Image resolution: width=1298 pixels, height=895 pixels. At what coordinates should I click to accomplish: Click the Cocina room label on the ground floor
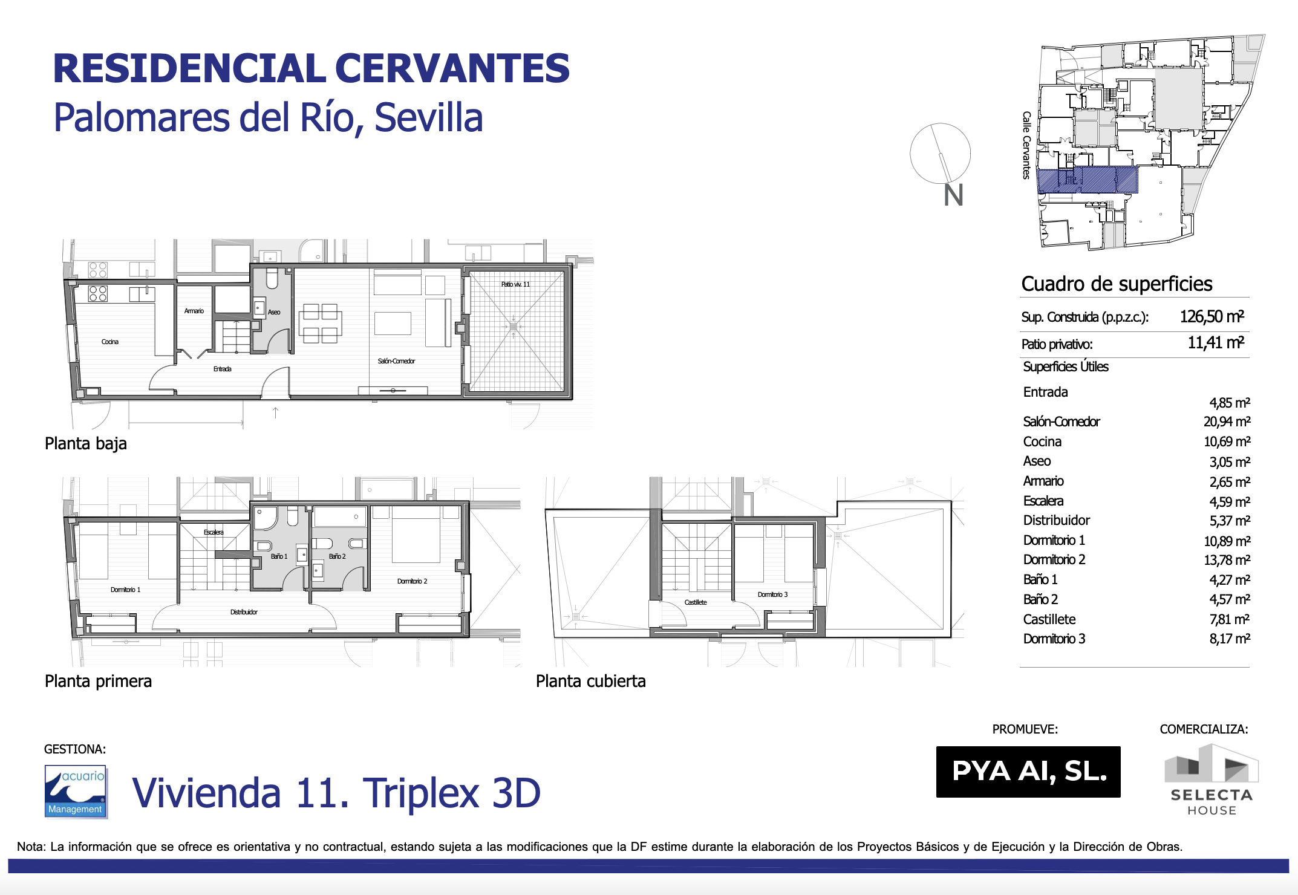(x=110, y=342)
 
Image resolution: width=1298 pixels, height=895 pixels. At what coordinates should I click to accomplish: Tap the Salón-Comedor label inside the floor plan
(x=396, y=361)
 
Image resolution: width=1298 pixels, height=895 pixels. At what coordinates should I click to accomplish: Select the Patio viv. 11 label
(x=515, y=284)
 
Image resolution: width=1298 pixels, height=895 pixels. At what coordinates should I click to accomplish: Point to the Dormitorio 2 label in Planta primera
(x=412, y=581)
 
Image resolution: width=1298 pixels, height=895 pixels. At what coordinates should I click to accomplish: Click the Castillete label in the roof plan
(x=696, y=602)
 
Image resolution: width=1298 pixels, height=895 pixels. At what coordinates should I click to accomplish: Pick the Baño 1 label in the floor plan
(x=279, y=556)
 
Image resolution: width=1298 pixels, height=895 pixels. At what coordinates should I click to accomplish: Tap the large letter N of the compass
(x=954, y=195)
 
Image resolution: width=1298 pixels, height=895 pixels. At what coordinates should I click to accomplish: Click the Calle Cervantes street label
(x=1026, y=145)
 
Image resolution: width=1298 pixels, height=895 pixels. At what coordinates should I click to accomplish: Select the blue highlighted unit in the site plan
(x=1088, y=180)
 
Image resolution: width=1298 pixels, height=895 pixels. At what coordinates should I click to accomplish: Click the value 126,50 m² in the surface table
(x=1212, y=316)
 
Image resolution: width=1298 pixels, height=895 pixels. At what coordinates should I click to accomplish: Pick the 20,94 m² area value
(x=1227, y=421)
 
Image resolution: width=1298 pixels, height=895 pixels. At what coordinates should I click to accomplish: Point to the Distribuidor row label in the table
(x=1056, y=520)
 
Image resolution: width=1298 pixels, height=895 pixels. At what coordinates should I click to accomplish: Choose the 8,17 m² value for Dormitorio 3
(x=1230, y=639)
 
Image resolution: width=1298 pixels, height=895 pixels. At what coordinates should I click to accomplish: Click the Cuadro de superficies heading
(x=1117, y=284)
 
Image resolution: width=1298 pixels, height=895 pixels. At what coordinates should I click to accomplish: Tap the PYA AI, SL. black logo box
(x=1028, y=772)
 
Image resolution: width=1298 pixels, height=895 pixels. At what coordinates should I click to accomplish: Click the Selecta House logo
(x=1212, y=780)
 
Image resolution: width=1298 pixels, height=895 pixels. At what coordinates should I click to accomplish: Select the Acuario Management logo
(x=76, y=792)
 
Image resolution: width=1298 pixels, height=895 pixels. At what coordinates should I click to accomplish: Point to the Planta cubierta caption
(x=590, y=681)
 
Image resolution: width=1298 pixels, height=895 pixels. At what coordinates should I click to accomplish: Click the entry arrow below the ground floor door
(x=275, y=412)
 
